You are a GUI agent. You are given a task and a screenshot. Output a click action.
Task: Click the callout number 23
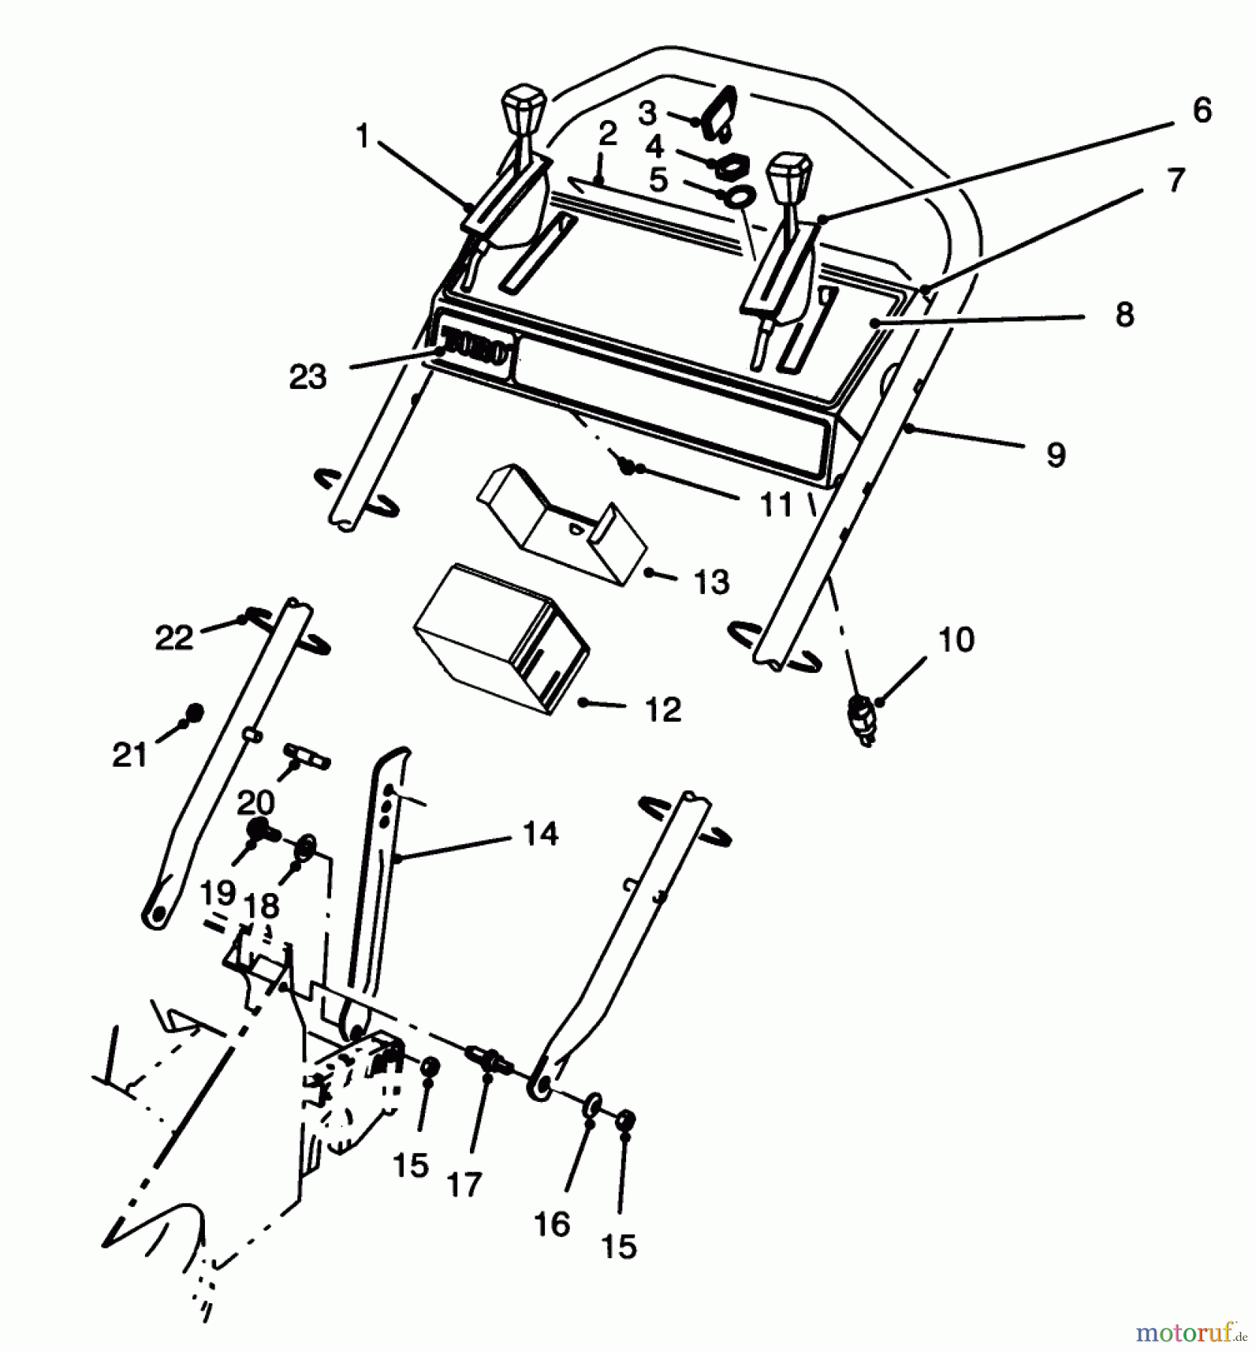click(308, 377)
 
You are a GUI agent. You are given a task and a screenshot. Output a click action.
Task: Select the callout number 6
click(1202, 110)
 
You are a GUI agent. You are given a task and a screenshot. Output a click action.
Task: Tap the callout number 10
click(956, 640)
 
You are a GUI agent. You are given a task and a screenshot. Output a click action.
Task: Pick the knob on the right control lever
click(788, 174)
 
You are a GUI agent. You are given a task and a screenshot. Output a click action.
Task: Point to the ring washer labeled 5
click(740, 197)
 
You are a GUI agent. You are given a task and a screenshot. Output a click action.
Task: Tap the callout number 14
click(541, 834)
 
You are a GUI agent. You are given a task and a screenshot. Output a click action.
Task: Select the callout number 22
click(174, 638)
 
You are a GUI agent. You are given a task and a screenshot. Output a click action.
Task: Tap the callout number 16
click(553, 1224)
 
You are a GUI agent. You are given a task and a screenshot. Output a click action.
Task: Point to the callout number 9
click(1056, 454)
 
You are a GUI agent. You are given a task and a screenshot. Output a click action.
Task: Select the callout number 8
click(1124, 315)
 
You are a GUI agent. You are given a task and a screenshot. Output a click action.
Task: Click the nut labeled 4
click(725, 165)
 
